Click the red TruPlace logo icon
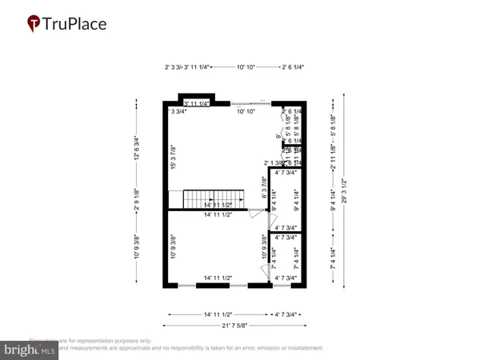[x=34, y=24]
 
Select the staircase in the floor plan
[x=214, y=198]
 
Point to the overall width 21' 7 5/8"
[x=236, y=325]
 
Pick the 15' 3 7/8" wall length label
[x=173, y=156]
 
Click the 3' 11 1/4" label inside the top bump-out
[x=197, y=103]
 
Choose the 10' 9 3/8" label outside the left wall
[x=137, y=246]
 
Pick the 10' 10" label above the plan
[x=246, y=68]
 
